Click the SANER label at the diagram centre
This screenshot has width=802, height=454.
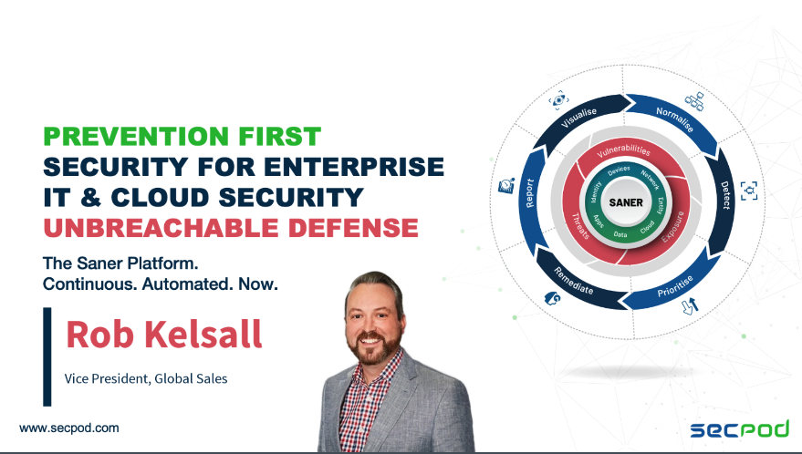tap(626, 202)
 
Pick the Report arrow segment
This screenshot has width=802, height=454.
tap(530, 197)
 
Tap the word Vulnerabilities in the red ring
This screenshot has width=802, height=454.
tap(623, 149)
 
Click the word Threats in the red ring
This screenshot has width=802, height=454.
tap(580, 225)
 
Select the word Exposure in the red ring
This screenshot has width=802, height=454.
tap(673, 226)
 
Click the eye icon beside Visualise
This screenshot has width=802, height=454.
tap(558, 99)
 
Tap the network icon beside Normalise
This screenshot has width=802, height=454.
tap(694, 100)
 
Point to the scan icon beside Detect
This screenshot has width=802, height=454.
tap(749, 191)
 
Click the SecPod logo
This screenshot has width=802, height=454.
tap(740, 429)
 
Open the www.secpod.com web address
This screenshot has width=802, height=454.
tap(69, 428)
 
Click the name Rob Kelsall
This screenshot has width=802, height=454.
tap(164, 335)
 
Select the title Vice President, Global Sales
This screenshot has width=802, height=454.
tap(146, 379)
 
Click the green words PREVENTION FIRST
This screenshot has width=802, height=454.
tap(182, 137)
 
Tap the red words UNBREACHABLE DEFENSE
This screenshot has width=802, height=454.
tap(231, 228)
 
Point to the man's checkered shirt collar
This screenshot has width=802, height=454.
tap(378, 364)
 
